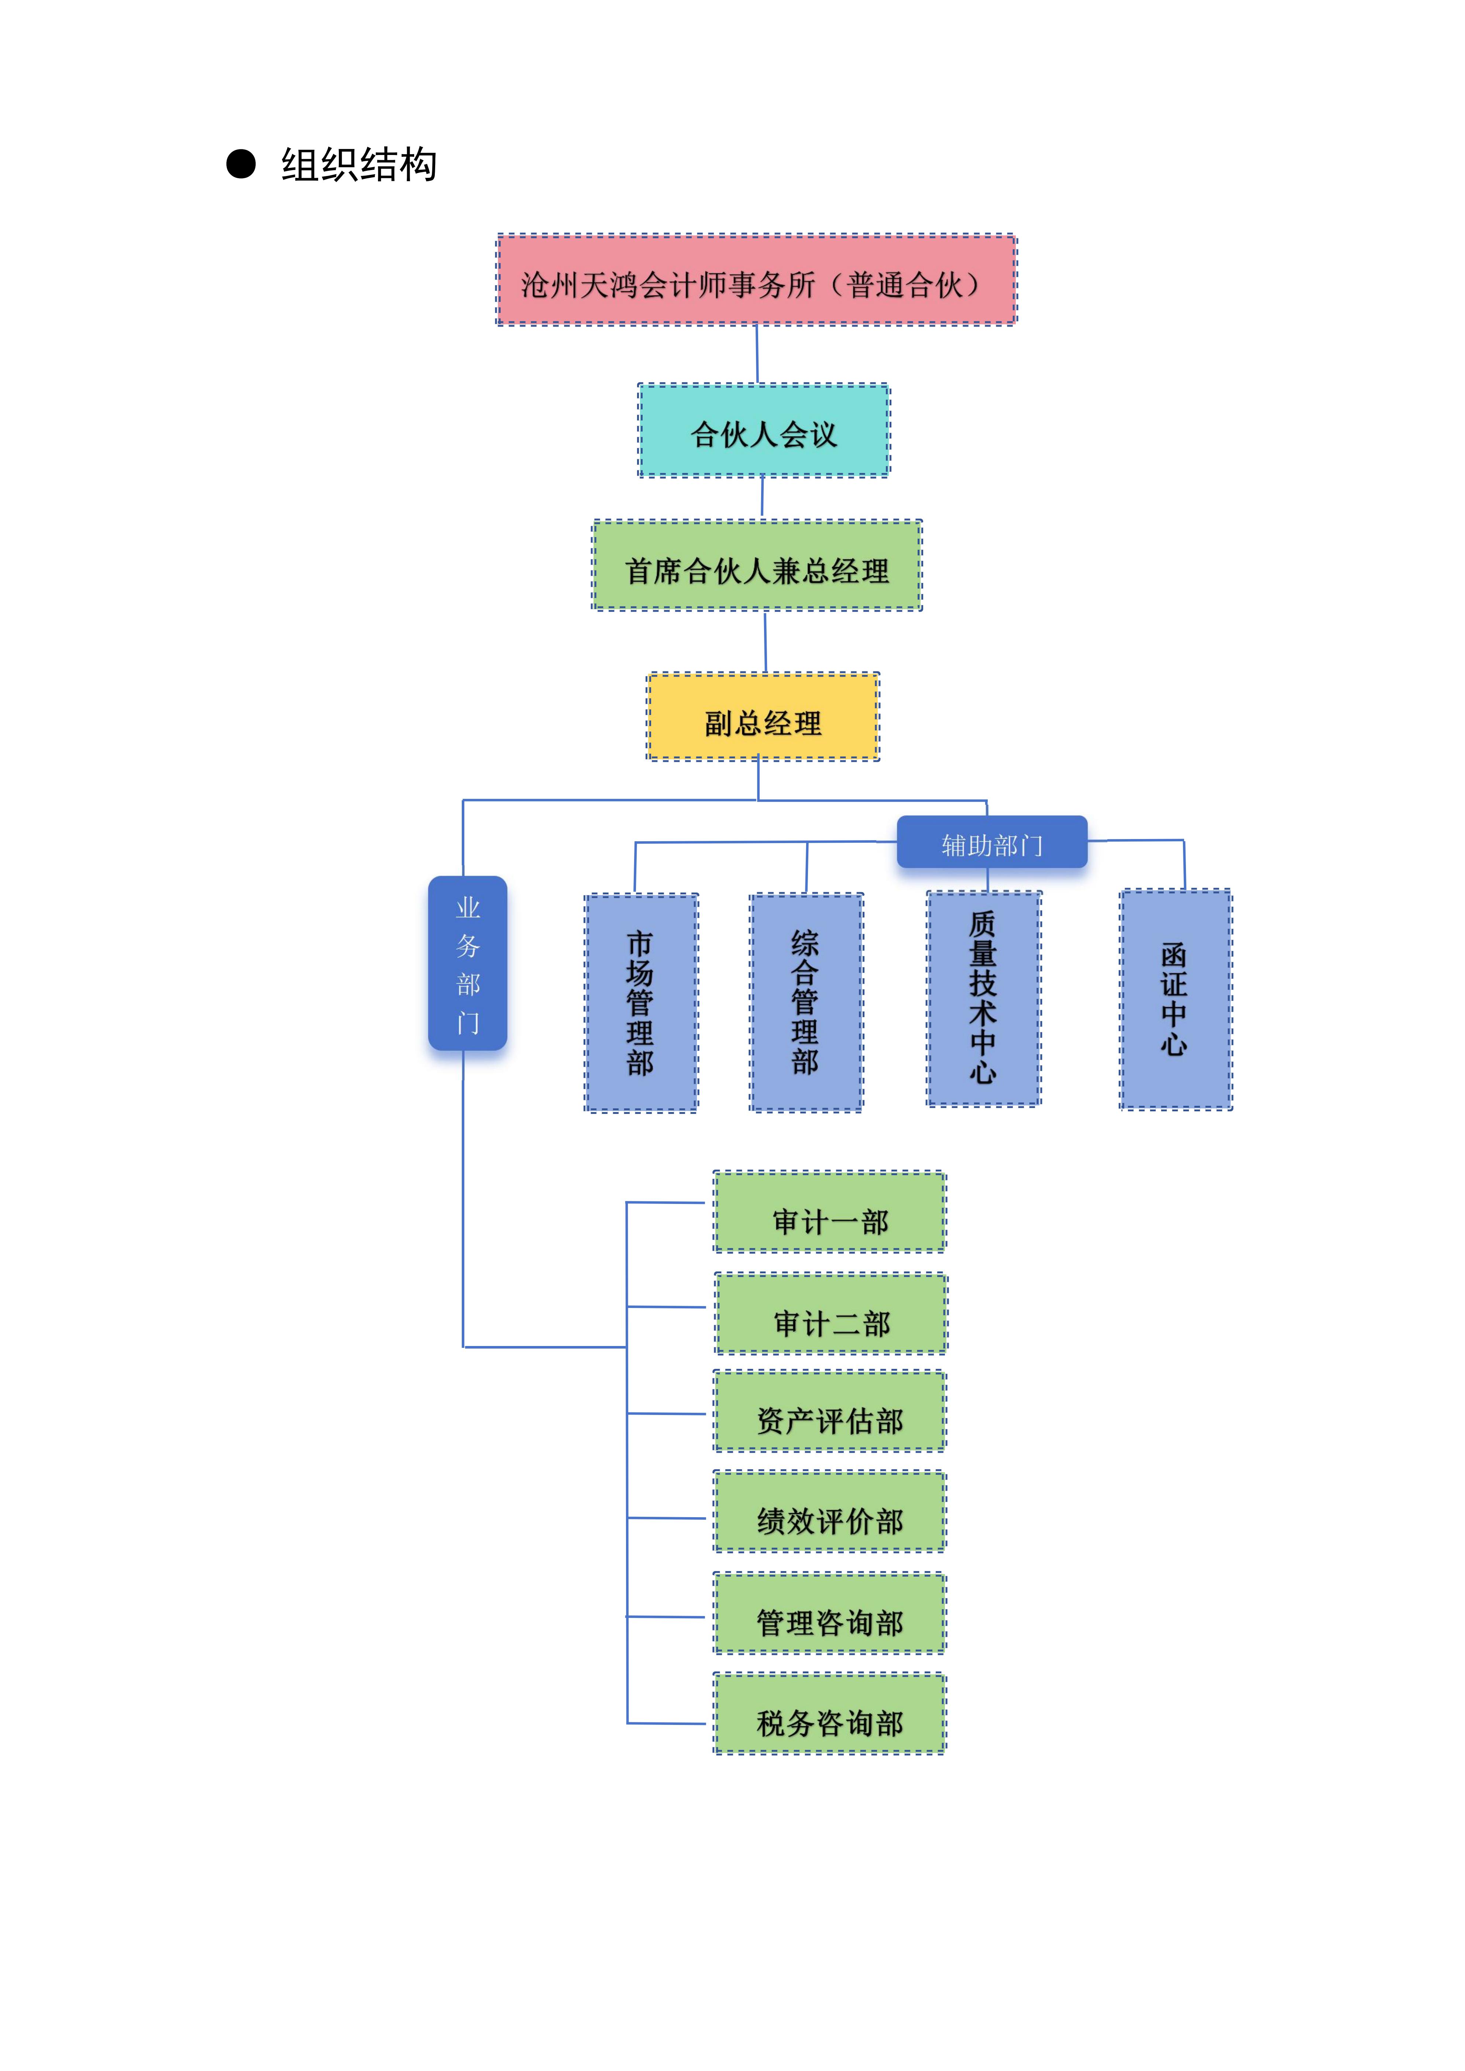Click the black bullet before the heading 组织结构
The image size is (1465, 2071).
pos(241,164)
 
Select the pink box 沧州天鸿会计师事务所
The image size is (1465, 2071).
pos(756,280)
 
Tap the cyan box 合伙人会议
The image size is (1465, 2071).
pos(763,431)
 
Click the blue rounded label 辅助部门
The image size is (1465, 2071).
pos(991,842)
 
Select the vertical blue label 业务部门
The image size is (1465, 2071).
pos(467,963)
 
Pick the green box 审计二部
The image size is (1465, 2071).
pos(831,1314)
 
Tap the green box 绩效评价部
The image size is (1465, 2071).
pos(830,1512)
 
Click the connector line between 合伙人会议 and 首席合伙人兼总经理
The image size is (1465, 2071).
pos(762,497)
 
